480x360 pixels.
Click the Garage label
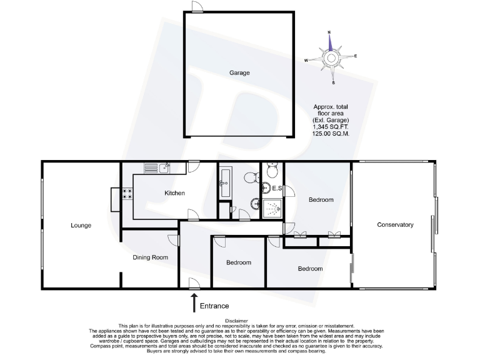[239, 73]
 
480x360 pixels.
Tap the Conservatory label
[395, 224]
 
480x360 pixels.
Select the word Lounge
[81, 225]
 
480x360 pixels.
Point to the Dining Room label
[151, 257]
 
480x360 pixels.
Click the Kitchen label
[174, 193]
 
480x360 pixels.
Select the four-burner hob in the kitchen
[127, 194]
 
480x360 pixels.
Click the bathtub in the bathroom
[226, 182]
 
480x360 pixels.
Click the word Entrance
[214, 306]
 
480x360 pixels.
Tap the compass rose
[331, 58]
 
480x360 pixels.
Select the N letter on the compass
[329, 31]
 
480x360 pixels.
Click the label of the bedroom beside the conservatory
[321, 200]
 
